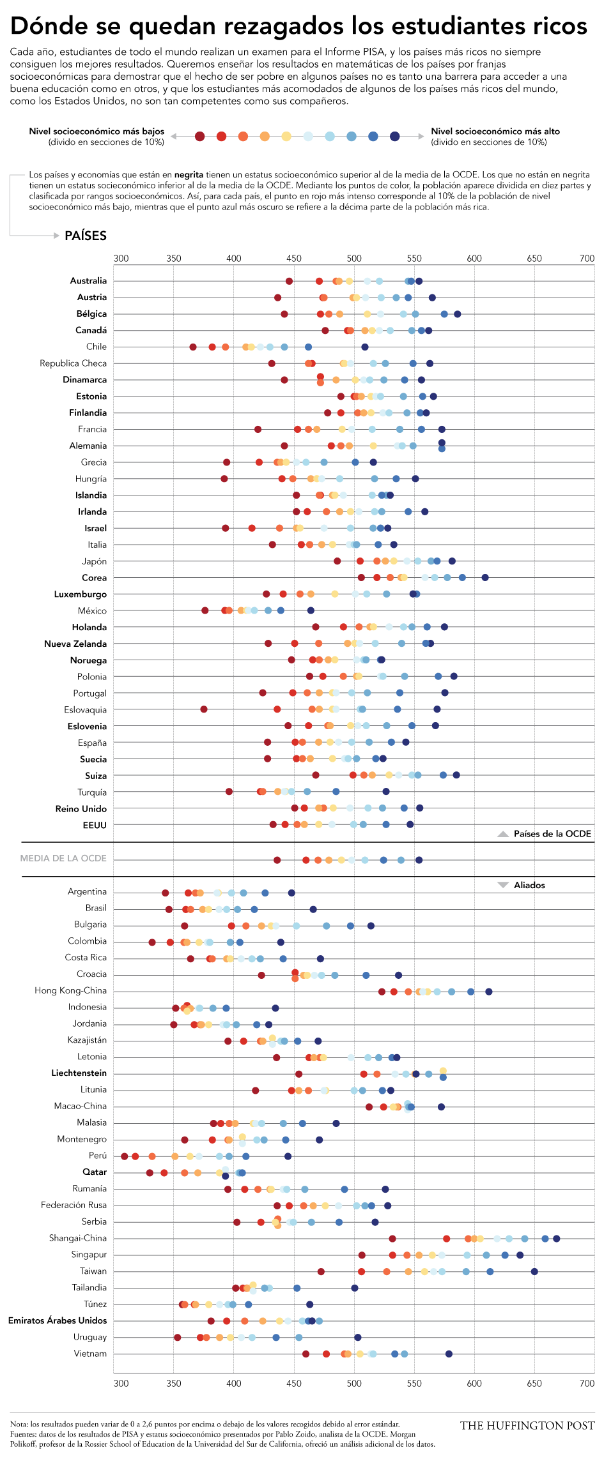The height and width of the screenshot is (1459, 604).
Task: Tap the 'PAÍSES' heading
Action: pyautogui.click(x=86, y=236)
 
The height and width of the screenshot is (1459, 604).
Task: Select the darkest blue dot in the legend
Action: pyautogui.click(x=395, y=136)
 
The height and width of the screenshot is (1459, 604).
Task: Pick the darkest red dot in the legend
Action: pyautogui.click(x=200, y=136)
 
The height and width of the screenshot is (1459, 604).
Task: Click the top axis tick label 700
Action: pyautogui.click(x=587, y=259)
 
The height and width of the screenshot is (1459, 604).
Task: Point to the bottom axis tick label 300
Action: pyautogui.click(x=121, y=1384)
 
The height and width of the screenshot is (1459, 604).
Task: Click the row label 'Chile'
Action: pyautogui.click(x=97, y=347)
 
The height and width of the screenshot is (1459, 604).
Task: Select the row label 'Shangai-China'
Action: pyautogui.click(x=78, y=1238)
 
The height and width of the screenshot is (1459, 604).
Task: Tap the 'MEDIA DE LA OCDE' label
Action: pyautogui.click(x=63, y=858)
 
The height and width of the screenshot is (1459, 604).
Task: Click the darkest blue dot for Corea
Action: pyautogui.click(x=485, y=578)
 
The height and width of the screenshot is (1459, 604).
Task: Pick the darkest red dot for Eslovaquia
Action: pyautogui.click(x=204, y=709)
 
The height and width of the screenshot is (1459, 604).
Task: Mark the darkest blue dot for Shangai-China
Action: pyautogui.click(x=557, y=1239)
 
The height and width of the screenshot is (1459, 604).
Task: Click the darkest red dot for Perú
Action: pyautogui.click(x=125, y=1156)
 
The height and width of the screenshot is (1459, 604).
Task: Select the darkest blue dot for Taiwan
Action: pyautogui.click(x=534, y=1271)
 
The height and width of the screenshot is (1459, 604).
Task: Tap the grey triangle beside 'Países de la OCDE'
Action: pyautogui.click(x=503, y=834)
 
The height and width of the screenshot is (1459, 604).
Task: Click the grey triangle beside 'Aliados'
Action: pyautogui.click(x=503, y=885)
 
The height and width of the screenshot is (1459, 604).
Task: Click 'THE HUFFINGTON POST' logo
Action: pyautogui.click(x=527, y=1425)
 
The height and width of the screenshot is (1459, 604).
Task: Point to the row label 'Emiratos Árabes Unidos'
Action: pyautogui.click(x=58, y=1320)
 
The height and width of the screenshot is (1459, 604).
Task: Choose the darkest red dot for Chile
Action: pyautogui.click(x=193, y=347)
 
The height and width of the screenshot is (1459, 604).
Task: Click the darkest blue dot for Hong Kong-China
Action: pyautogui.click(x=489, y=992)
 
